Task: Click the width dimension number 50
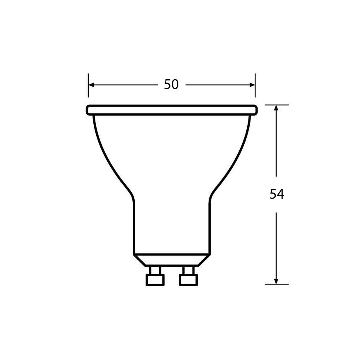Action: [x=171, y=84]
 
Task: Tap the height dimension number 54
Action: [x=277, y=194]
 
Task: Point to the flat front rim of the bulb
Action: [x=172, y=110]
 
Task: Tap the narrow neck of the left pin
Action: [x=155, y=270]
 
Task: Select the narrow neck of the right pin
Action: [x=188, y=270]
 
